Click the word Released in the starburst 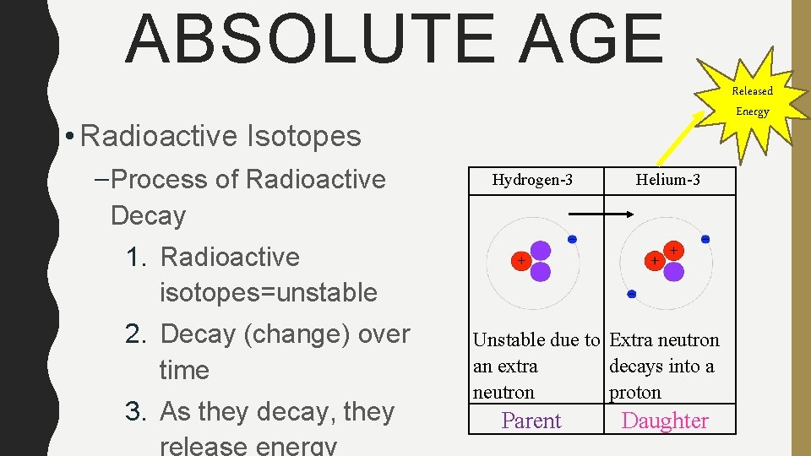[752, 90]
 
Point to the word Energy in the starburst [752, 111]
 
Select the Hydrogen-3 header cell [532, 180]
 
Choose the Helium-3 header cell [667, 180]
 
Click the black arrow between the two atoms [603, 215]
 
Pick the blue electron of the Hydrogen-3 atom [572, 240]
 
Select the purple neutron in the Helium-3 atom [673, 271]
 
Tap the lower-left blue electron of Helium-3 [631, 294]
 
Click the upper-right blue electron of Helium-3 [705, 240]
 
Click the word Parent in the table [531, 421]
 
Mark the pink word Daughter [665, 421]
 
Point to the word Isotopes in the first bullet [308, 136]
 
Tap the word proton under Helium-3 [635, 393]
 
